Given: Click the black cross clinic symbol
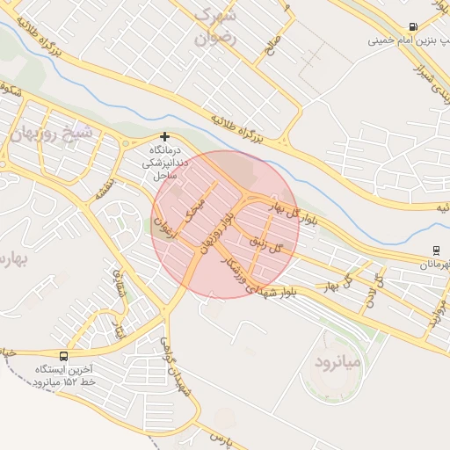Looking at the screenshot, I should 164,137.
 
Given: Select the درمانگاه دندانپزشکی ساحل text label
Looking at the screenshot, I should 165,163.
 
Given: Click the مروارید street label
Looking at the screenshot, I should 437,311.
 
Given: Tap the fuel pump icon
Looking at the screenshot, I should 413,27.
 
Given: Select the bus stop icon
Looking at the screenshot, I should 63,356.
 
